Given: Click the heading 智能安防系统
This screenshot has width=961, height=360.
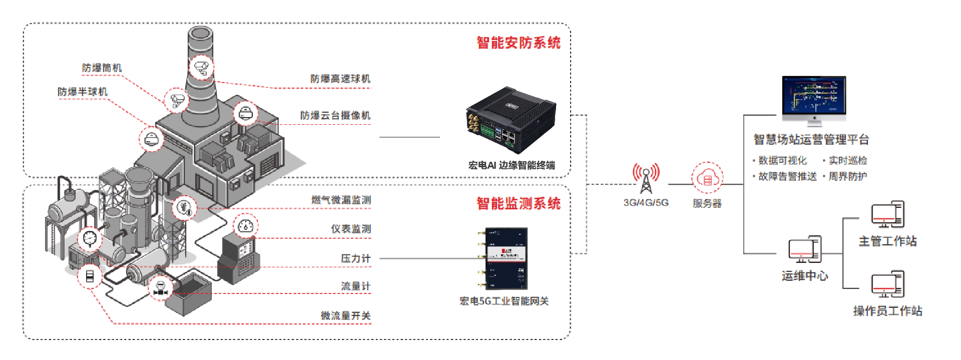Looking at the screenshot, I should click(518, 43).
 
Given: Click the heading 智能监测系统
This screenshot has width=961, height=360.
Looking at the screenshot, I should click(518, 204).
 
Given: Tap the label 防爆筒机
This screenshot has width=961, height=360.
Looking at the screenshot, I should click(102, 68).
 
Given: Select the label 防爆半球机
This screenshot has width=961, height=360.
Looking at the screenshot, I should click(83, 92).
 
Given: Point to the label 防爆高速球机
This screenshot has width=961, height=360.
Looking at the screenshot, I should click(340, 79).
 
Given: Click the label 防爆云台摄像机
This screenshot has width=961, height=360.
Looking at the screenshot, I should click(335, 116).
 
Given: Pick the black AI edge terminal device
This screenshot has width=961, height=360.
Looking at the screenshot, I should click(511, 120).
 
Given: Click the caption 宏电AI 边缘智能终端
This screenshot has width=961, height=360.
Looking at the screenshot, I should click(511, 166).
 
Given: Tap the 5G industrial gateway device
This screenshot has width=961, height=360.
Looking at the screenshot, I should click(506, 258).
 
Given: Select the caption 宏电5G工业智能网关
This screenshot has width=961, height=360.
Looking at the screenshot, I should click(504, 301).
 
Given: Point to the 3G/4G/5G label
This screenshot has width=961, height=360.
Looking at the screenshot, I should click(646, 203).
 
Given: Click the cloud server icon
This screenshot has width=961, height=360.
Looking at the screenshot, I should click(707, 178).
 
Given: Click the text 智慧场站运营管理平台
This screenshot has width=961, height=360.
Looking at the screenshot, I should click(811, 140).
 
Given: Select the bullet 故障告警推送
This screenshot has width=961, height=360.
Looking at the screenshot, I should click(787, 177).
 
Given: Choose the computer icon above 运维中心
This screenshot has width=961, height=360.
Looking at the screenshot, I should click(805, 249).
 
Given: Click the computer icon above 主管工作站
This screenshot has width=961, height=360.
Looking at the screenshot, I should click(887, 214).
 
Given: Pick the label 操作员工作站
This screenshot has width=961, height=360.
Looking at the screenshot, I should click(887, 311).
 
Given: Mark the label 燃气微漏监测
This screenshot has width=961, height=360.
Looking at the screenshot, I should click(341, 200).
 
